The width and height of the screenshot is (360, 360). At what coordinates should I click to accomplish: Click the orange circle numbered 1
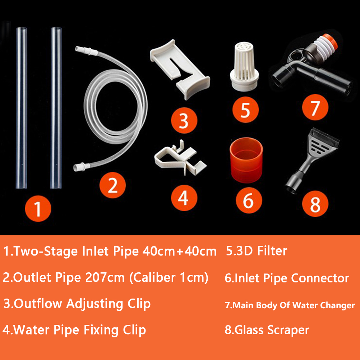[38, 208]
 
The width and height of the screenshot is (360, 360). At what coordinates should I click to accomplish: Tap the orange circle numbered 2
[112, 185]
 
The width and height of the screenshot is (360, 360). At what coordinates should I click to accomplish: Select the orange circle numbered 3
[184, 120]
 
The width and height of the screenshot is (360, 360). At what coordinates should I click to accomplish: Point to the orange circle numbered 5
[245, 110]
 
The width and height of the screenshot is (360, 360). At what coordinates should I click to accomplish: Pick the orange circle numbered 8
[315, 204]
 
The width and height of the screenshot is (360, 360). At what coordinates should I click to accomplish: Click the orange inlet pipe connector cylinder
[246, 160]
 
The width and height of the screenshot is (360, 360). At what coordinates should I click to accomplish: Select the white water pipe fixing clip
[180, 158]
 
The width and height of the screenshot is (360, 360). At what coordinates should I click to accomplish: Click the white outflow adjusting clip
[180, 69]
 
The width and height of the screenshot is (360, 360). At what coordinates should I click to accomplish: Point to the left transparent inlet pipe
[22, 108]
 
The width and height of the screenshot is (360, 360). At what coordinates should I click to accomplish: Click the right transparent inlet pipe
[56, 108]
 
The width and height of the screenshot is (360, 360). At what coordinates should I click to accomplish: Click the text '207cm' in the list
[105, 277]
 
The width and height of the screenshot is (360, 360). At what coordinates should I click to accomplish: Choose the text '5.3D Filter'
[257, 251]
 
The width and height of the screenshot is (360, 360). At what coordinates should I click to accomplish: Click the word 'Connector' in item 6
[320, 278]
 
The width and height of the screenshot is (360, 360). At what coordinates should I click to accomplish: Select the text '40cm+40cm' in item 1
[179, 251]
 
